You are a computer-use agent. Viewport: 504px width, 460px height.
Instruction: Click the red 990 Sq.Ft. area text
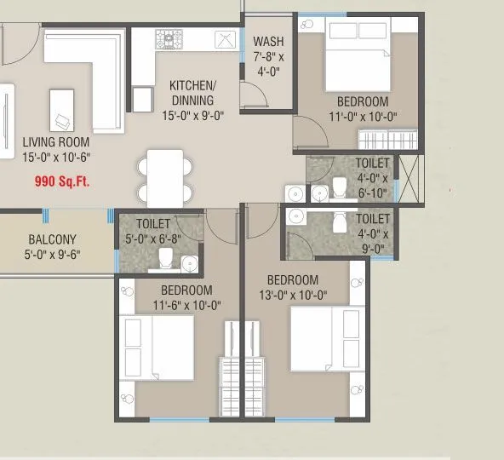click(62, 181)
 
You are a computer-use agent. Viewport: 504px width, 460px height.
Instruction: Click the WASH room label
click(269, 42)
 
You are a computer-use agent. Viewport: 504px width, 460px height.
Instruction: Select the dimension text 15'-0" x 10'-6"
click(58, 157)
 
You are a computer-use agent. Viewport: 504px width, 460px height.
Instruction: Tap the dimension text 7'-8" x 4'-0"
click(269, 64)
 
